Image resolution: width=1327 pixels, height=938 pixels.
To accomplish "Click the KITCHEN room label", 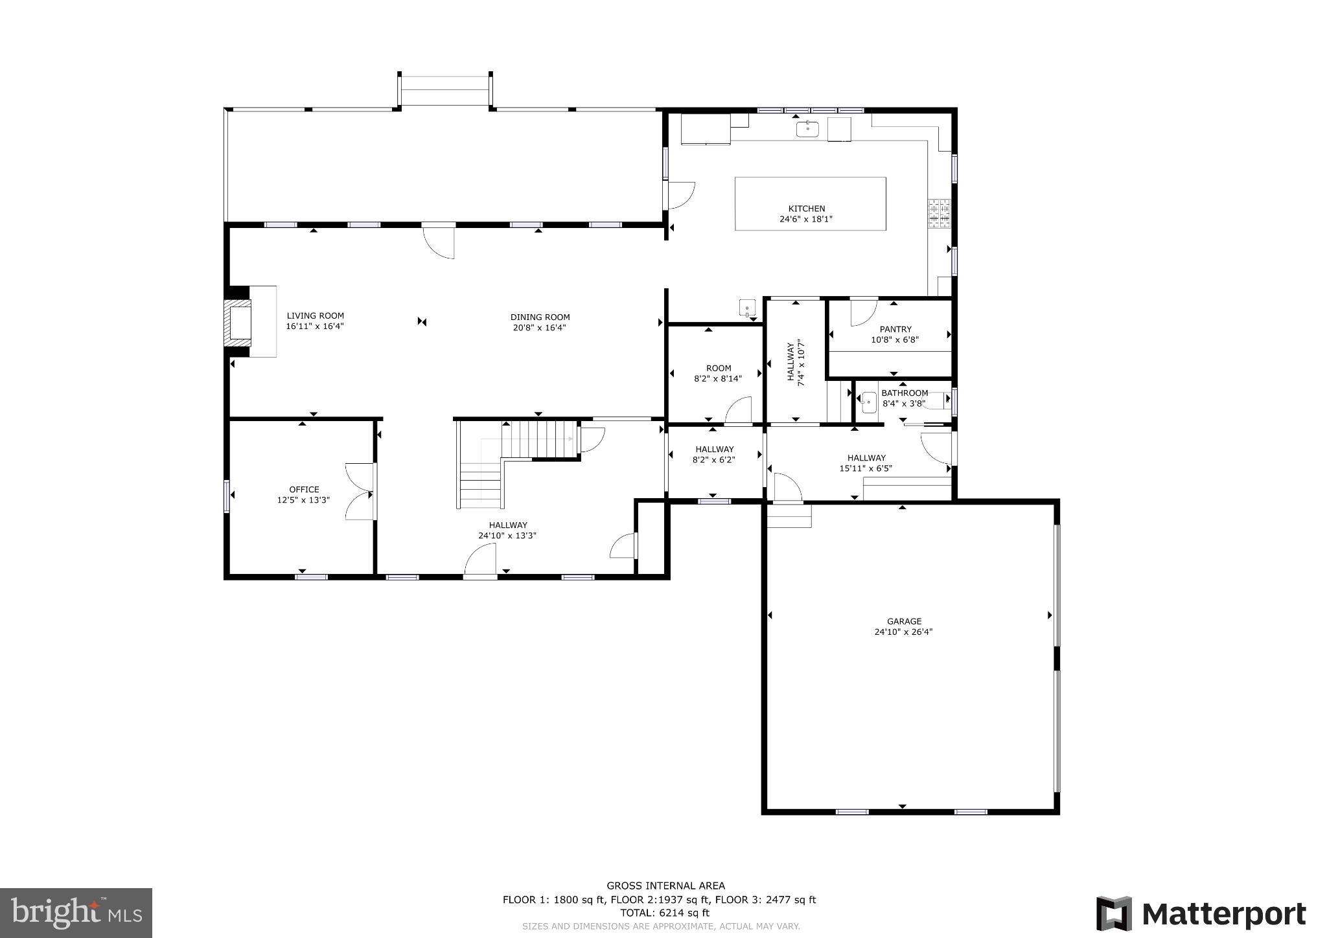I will [806, 209].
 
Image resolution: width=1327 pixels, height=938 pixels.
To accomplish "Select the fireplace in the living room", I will [238, 321].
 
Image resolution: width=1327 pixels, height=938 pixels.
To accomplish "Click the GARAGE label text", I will [904, 621].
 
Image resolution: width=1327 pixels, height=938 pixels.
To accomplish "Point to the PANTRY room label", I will [895, 329].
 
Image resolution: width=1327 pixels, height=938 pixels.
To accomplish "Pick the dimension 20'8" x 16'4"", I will [540, 328].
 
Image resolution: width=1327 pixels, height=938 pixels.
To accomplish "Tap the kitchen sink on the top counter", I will [807, 128].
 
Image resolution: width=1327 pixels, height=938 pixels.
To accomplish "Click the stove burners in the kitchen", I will [939, 214].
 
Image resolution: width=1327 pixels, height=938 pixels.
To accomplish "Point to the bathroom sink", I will [869, 403].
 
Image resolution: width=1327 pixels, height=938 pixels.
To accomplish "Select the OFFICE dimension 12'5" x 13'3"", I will [303, 500].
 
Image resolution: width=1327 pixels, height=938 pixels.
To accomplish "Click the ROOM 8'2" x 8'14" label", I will [718, 373].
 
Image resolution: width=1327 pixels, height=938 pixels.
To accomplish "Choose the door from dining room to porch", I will [439, 241].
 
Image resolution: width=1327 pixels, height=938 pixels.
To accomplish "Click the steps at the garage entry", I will [789, 516].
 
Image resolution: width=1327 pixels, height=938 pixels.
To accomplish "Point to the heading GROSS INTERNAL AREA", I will [665, 886].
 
